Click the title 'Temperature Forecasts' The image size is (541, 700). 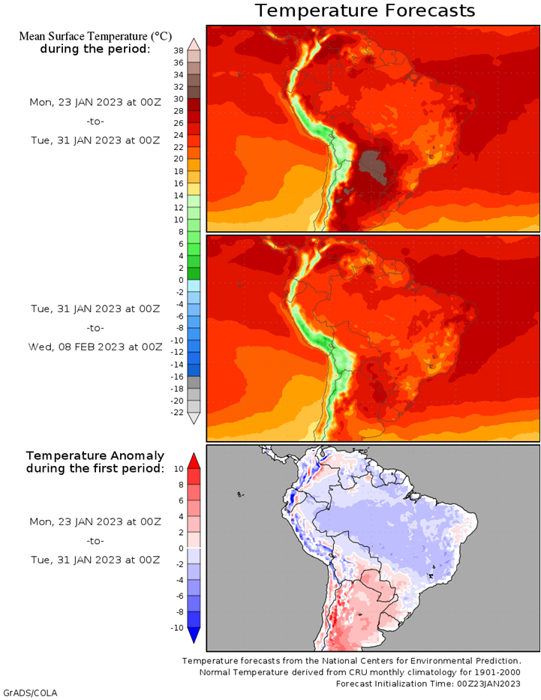click(x=365, y=11)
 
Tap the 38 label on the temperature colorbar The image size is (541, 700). click(x=179, y=51)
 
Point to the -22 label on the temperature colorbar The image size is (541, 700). click(x=177, y=413)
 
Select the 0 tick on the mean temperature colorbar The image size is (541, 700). click(x=181, y=280)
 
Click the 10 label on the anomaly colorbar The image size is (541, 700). click(x=179, y=469)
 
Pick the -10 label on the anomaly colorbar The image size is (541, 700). click(x=177, y=628)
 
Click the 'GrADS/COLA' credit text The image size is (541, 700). click(x=29, y=693)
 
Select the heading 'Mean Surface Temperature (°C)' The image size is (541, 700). click(x=95, y=36)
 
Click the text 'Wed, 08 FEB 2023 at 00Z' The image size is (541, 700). click(x=95, y=347)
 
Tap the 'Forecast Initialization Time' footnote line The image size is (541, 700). click(x=428, y=683)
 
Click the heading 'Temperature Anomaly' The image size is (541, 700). click(x=95, y=456)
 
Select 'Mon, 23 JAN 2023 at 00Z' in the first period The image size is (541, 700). click(x=95, y=102)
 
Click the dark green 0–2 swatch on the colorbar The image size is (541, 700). click(x=194, y=274)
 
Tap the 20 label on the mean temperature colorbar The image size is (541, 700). click(x=179, y=159)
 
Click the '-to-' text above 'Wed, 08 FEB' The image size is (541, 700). click(x=95, y=328)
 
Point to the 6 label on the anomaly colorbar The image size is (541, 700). click(x=181, y=500)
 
